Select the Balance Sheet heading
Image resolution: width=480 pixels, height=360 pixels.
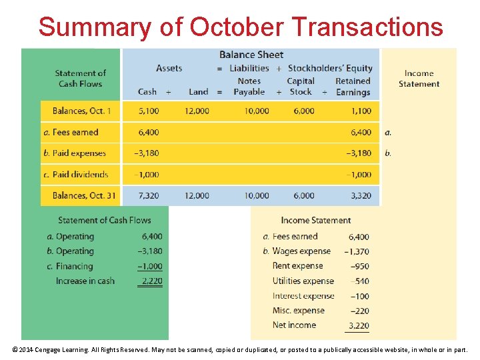[251, 55]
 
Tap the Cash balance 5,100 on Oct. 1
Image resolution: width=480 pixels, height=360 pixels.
[148, 111]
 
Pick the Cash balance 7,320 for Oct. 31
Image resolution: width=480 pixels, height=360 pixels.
[148, 195]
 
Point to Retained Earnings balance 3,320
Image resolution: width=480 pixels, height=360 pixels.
[359, 195]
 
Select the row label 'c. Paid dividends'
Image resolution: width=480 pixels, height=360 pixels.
[75, 174]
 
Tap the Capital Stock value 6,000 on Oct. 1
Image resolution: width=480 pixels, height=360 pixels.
[304, 111]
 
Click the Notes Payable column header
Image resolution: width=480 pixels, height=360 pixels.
[249, 87]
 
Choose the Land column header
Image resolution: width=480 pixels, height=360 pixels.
[198, 92]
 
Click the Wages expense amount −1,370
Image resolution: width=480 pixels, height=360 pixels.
[357, 251]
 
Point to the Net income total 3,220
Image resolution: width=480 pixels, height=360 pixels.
[358, 325]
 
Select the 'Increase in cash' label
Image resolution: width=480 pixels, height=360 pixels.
[85, 281]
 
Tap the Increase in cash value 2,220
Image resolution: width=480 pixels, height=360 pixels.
[151, 281]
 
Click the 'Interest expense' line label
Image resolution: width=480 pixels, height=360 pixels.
[303, 295]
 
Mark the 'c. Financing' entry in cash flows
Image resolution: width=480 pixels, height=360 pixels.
[70, 266]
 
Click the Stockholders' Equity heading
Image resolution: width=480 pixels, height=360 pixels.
[330, 68]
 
